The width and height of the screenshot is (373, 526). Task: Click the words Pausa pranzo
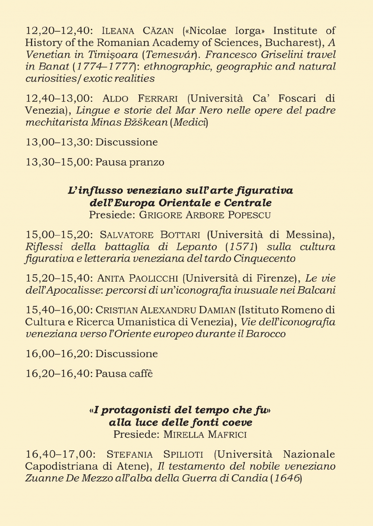130,162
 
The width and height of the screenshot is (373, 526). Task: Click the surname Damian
216,310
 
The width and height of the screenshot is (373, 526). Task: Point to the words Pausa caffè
124,374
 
